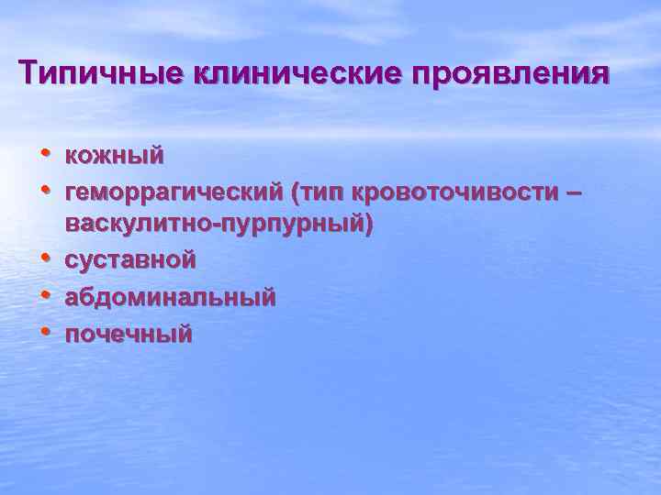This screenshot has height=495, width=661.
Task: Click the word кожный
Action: (x=115, y=156)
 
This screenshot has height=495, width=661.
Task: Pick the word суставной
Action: (x=130, y=260)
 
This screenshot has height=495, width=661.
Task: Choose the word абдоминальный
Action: (x=170, y=297)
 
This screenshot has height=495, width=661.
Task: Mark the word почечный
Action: (x=129, y=333)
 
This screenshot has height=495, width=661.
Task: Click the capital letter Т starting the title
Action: (x=29, y=71)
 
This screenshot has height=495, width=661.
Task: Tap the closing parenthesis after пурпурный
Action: (x=369, y=225)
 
